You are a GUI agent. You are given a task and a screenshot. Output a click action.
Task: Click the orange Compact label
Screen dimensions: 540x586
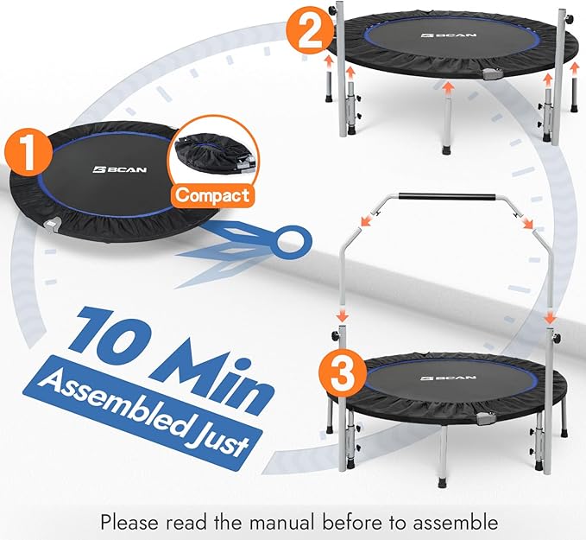coord(211,195)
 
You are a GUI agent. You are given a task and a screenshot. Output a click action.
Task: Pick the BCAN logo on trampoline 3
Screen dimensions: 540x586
coord(438,378)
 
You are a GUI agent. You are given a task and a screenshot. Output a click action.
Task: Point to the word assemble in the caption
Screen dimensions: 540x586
coord(454,521)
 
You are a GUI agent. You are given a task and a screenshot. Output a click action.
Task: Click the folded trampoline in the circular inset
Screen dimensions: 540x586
coord(210,152)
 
